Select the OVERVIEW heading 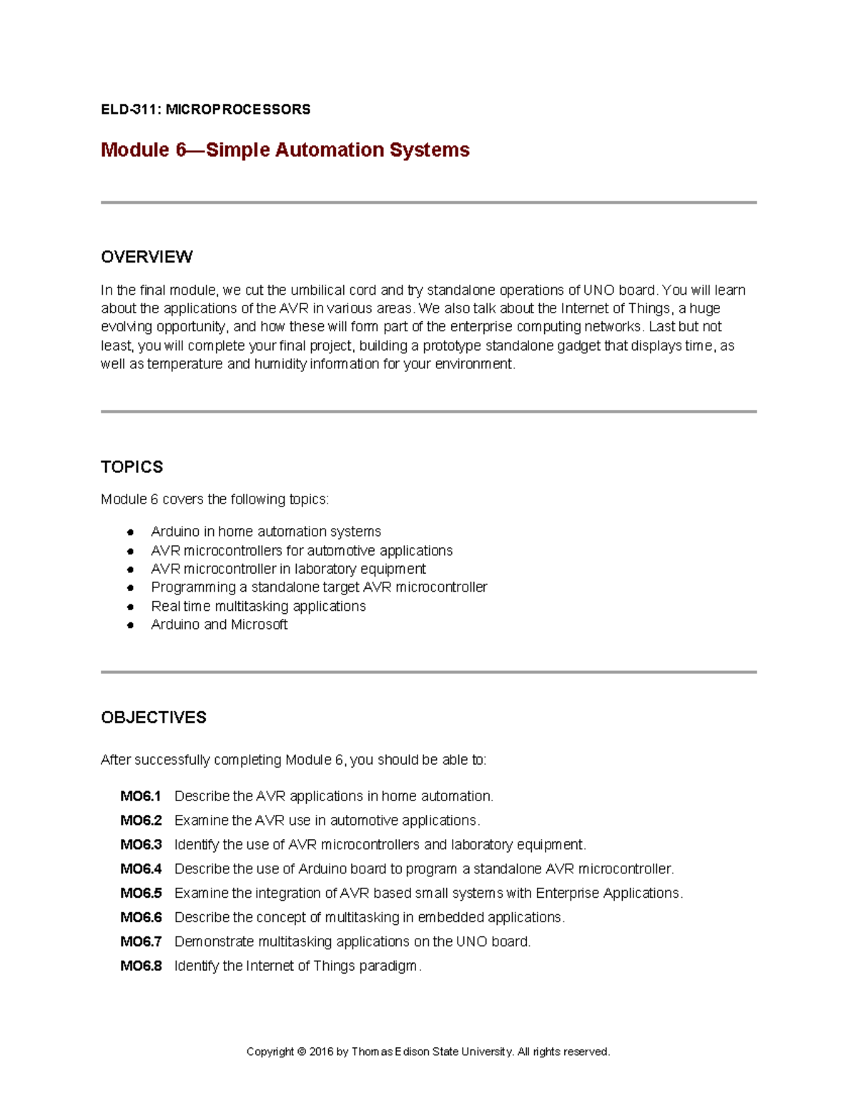tap(147, 257)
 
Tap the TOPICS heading tap(132, 467)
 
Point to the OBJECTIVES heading tap(154, 718)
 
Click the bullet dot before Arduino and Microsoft tap(130, 625)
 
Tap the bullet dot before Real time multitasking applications tap(130, 607)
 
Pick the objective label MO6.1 tap(141, 796)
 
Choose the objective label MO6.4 tap(141, 869)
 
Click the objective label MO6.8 tap(141, 966)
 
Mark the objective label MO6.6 tap(141, 917)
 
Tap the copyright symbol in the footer tap(302, 1052)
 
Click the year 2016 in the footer tap(321, 1052)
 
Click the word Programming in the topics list tap(193, 587)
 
